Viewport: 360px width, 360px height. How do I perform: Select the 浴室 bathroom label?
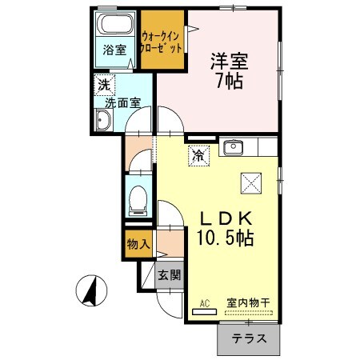(113, 50)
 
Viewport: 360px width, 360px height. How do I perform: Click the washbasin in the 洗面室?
(104, 121)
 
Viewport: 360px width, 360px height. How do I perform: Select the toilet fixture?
(138, 197)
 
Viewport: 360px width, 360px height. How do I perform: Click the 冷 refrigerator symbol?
(197, 155)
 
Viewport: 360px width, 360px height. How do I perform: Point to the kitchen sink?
(234, 146)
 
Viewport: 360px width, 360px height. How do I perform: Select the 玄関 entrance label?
(169, 276)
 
